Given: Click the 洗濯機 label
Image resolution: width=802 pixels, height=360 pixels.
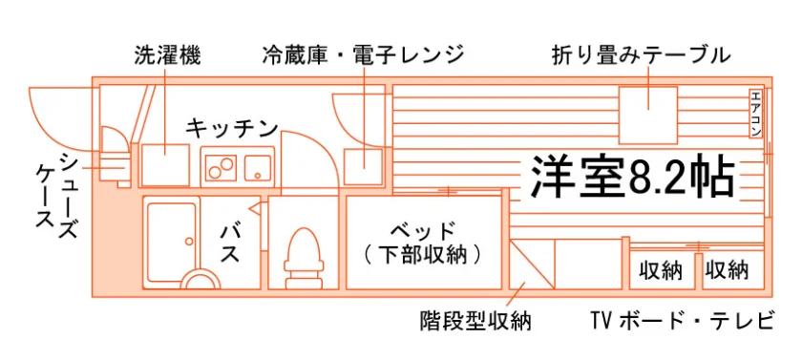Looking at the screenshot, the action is (x=167, y=55).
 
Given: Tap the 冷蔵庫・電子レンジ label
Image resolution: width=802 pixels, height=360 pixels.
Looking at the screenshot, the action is (x=363, y=55).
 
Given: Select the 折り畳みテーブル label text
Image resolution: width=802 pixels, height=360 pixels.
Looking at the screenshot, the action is (x=642, y=55).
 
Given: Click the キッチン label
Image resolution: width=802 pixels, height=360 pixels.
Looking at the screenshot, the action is (x=232, y=128).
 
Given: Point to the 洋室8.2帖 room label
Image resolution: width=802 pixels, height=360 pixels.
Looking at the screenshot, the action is (x=633, y=177).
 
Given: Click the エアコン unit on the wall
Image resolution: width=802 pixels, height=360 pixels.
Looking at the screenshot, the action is (x=755, y=114).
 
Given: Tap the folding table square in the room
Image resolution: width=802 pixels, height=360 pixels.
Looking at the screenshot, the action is (x=648, y=115).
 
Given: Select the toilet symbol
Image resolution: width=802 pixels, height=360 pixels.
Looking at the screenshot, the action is (x=305, y=258).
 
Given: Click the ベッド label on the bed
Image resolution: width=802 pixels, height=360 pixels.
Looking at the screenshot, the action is (x=422, y=231).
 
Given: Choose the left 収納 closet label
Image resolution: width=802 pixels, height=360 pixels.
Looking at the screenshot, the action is (x=662, y=270).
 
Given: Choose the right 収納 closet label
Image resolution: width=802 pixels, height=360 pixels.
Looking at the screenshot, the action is (x=727, y=270).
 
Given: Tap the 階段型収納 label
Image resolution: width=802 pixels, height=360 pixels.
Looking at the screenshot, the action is (x=475, y=321).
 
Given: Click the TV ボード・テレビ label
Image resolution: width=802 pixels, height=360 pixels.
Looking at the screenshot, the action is (x=681, y=321).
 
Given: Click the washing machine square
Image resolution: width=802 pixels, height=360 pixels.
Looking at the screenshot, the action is (x=165, y=164).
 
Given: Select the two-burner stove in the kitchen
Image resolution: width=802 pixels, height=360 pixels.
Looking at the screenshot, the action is (x=222, y=167).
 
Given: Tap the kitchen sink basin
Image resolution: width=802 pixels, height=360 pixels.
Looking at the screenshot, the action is (x=258, y=167).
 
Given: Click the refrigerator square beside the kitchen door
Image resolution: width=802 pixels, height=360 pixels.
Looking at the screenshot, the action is (x=363, y=167).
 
